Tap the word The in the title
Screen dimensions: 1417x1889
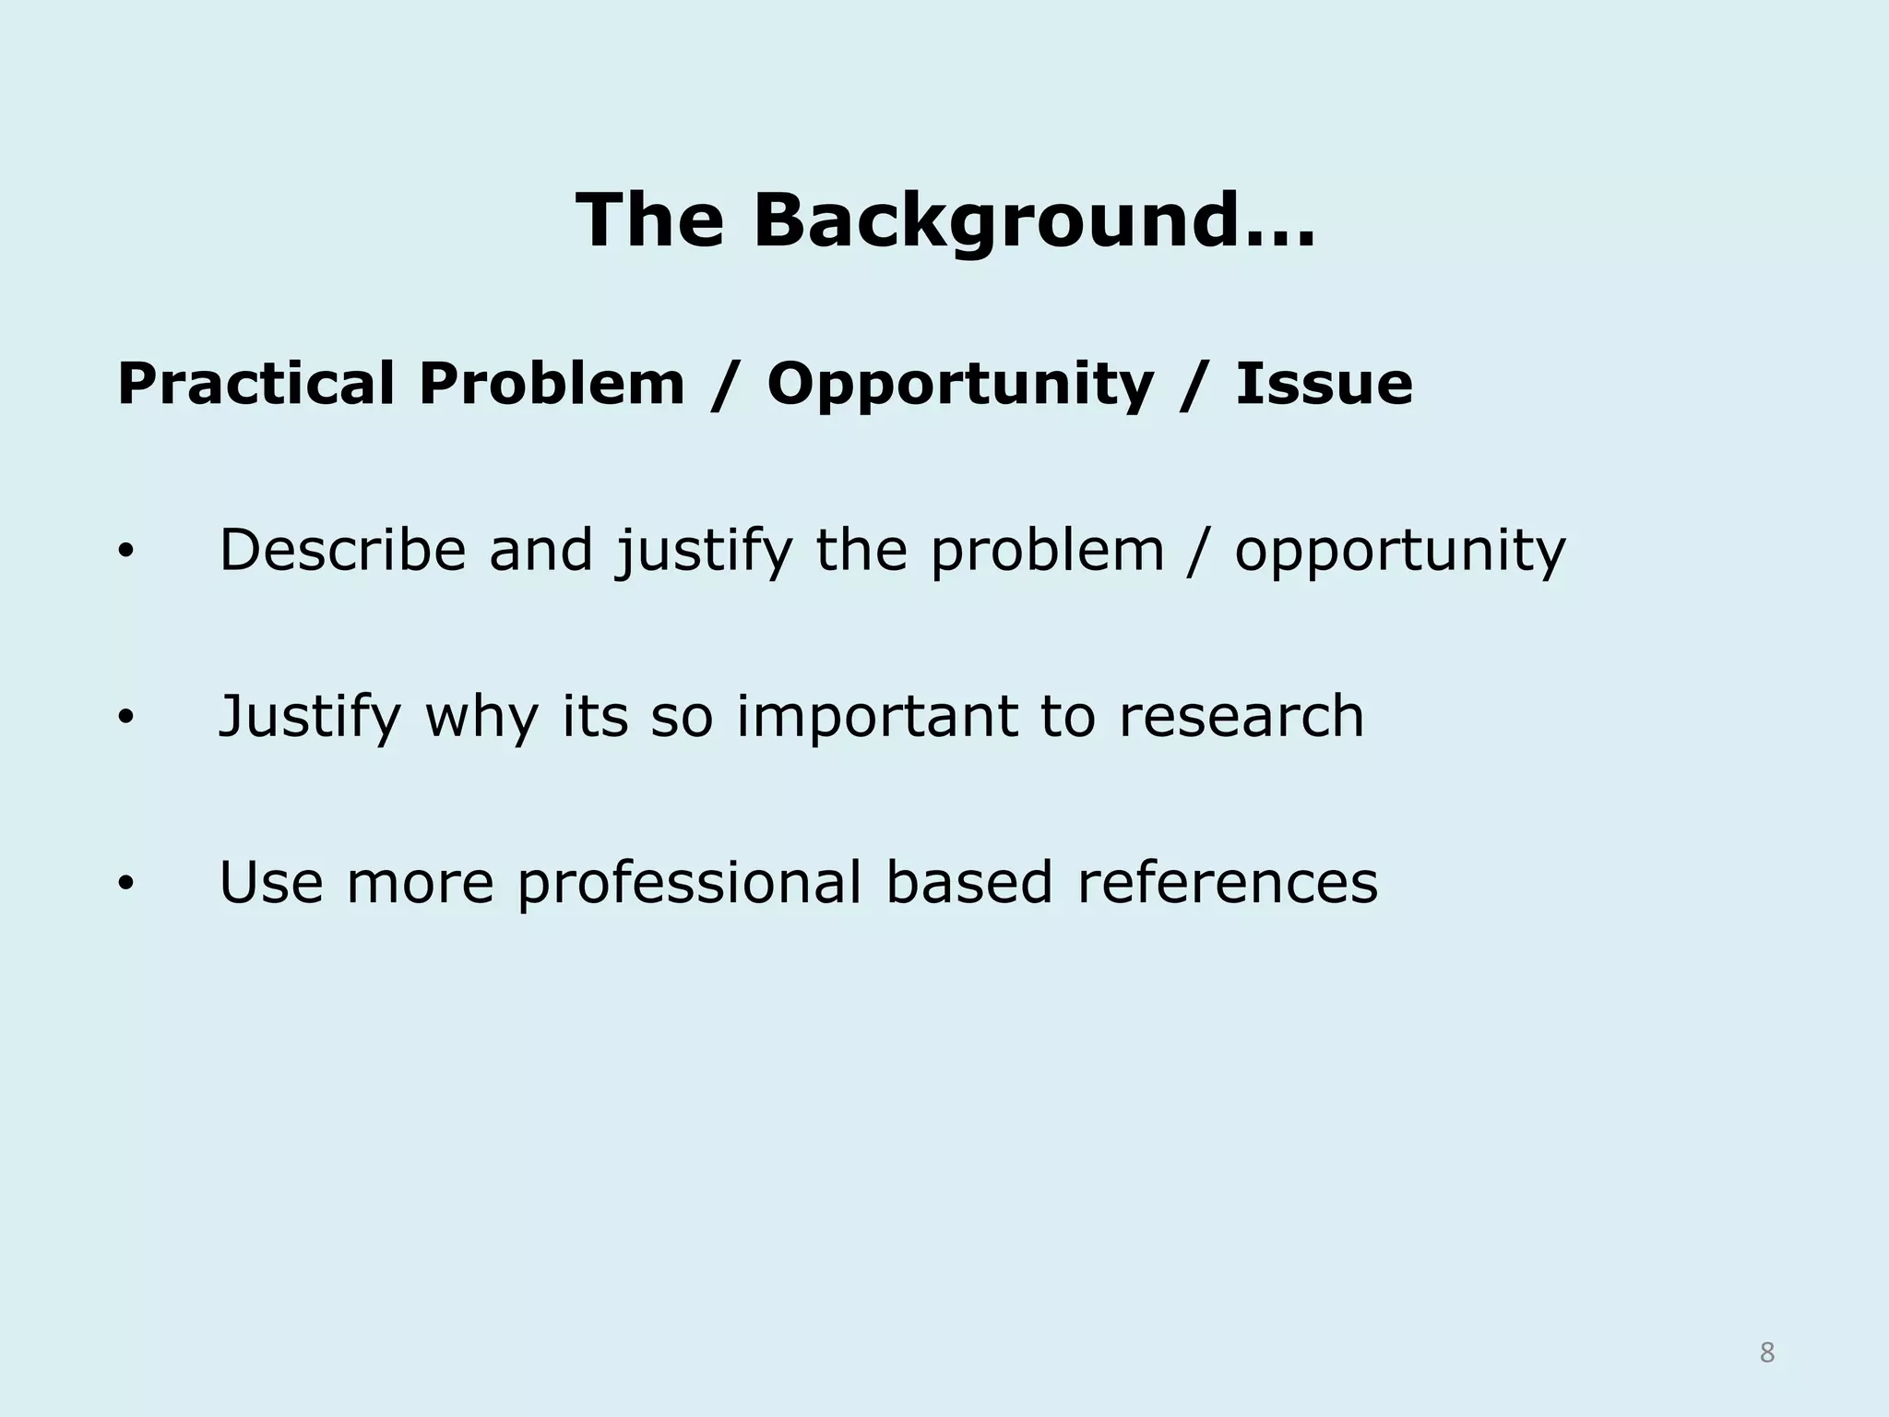click(649, 220)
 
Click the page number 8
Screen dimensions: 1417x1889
click(1766, 1353)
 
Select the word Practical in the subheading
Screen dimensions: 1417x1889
click(256, 384)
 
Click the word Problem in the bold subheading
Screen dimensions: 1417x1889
click(552, 384)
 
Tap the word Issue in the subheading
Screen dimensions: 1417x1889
click(1324, 384)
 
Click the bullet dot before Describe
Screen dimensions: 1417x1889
click(126, 553)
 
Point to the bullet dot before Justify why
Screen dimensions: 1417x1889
click(126, 718)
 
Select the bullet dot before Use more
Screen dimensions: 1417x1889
click(126, 884)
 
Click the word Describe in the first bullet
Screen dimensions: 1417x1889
click(342, 551)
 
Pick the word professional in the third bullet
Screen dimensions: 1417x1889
click(689, 884)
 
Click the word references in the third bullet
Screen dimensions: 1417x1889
click(1227, 882)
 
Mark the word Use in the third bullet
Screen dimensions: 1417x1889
click(270, 882)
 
